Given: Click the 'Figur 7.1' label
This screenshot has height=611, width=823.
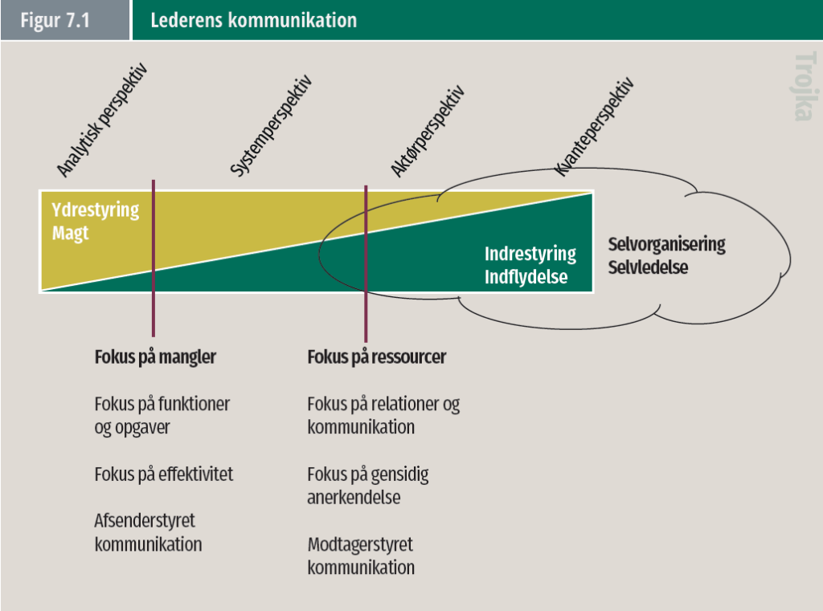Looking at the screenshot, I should (x=55, y=20).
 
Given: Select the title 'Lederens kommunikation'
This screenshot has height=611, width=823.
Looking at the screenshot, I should (x=253, y=20).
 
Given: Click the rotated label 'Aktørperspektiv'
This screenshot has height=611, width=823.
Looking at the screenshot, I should (x=428, y=131).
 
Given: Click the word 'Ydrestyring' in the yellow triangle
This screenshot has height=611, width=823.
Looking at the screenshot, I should (x=95, y=211).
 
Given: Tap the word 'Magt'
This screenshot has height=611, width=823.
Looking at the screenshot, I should (x=70, y=234).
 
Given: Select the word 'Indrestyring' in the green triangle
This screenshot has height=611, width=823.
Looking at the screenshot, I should (x=530, y=255).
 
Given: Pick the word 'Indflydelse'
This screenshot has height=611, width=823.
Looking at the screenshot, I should (x=526, y=278).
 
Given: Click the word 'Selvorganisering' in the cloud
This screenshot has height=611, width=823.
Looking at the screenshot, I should (x=666, y=244).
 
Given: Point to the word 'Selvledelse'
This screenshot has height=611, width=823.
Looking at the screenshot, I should (x=648, y=267).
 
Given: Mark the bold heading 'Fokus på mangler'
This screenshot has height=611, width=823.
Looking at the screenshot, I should (x=155, y=357).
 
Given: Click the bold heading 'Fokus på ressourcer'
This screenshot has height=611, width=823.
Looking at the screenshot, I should (x=377, y=357).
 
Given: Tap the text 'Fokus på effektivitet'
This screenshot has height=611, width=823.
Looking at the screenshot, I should (x=164, y=474).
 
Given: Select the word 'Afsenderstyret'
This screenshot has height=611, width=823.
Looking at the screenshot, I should (x=145, y=520).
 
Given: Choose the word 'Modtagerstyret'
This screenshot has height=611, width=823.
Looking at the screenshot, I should (x=360, y=544).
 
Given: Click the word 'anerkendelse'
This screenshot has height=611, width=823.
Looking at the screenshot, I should (x=354, y=497).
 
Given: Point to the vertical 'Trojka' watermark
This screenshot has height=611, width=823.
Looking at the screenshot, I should (x=802, y=86).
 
